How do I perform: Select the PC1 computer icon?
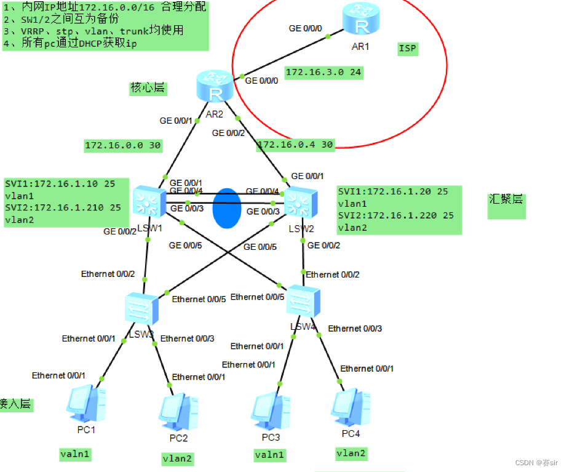[x=86, y=402]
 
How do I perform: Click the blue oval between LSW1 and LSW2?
[x=226, y=207]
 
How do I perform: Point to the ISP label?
[x=407, y=49]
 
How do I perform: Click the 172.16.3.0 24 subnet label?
[x=323, y=73]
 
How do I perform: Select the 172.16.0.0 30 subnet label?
[x=122, y=145]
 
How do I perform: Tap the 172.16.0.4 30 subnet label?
[x=295, y=145]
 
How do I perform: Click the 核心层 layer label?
[x=148, y=87]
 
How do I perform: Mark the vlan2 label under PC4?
[x=351, y=454]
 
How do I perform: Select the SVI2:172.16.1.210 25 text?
[x=63, y=207]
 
